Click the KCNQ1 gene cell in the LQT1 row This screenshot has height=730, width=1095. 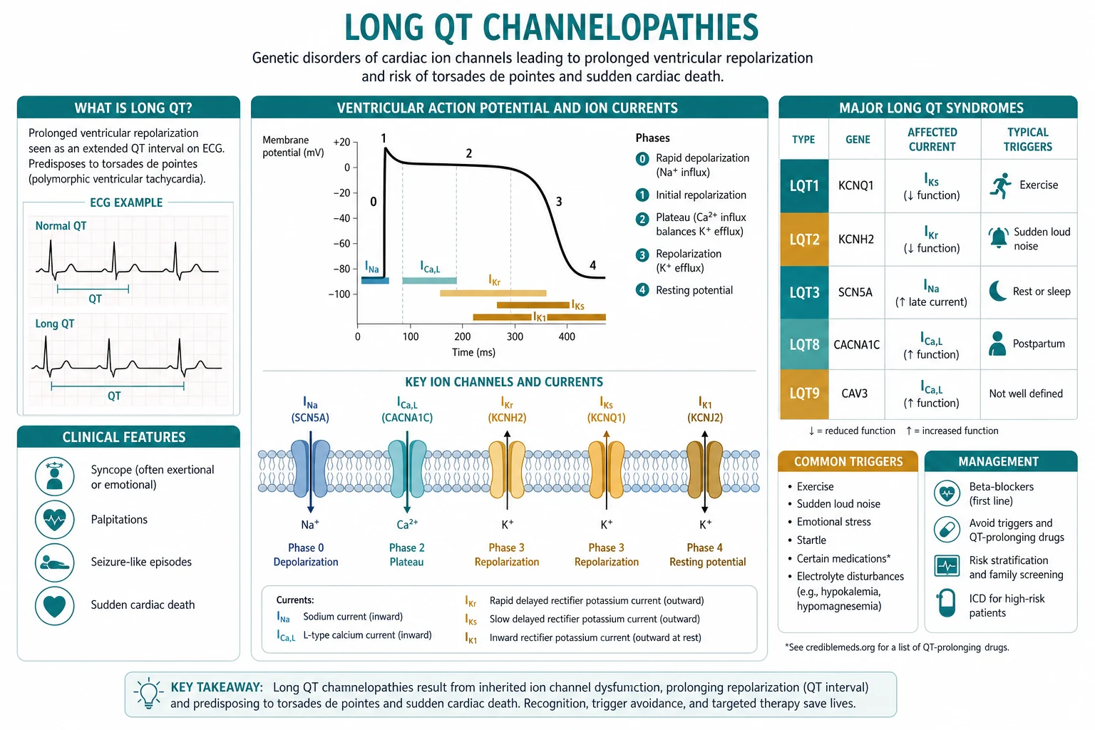pos(856,185)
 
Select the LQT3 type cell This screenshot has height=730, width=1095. pos(804,292)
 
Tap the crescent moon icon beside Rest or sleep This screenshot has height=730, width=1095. pos(998,291)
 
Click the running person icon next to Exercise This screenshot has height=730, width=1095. pos(1000,185)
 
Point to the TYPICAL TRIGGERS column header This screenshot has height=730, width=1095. pos(1027,139)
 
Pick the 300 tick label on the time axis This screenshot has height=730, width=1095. pos(515,336)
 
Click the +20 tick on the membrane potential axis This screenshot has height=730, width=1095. pos(341,143)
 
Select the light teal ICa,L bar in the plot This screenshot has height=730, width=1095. pos(429,280)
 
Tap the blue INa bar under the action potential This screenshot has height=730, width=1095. pos(375,280)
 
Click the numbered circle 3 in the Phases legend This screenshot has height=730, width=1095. pos(642,255)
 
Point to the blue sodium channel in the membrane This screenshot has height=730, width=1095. pos(310,468)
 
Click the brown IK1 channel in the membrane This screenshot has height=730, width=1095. pos(704,469)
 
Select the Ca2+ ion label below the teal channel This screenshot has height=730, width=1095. pos(407,524)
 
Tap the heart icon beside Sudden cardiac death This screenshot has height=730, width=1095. pos(54,605)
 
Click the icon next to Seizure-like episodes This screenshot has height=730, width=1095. pos(54,562)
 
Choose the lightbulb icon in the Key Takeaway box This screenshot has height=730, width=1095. pos(148,694)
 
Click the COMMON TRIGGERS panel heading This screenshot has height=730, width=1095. pos(848,461)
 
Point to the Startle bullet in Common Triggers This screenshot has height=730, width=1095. pos(811,540)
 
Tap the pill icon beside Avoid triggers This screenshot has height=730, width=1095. pos(947,530)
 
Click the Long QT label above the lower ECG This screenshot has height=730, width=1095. pos(55,324)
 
